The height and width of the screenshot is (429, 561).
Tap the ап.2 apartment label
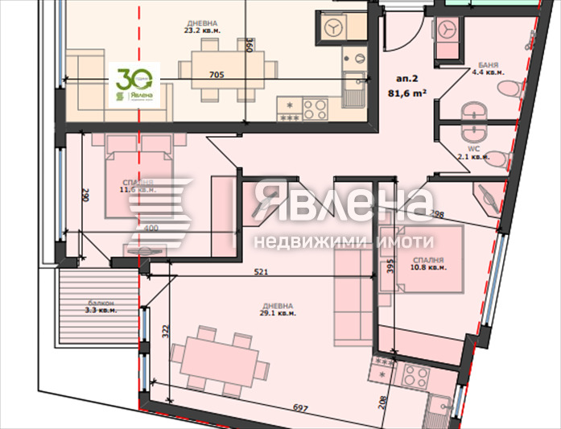(x=407, y=79)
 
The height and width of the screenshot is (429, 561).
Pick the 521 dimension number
(x=261, y=271)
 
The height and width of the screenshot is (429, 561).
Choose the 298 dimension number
(x=437, y=214)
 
